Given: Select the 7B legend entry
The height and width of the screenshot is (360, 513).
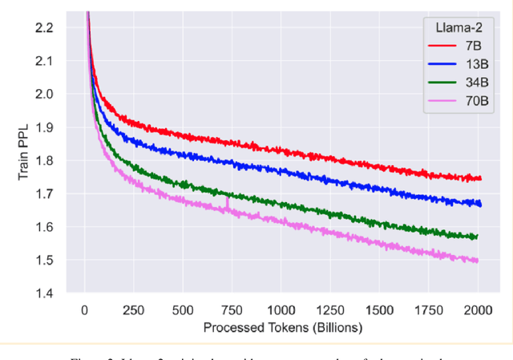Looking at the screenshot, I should (464, 47).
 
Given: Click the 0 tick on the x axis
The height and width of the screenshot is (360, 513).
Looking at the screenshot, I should (85, 310).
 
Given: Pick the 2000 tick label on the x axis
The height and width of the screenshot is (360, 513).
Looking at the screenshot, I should (478, 310).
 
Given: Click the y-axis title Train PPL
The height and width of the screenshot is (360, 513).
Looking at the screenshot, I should (25, 160).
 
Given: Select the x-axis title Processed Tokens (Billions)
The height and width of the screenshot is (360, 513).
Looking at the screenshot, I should (283, 327).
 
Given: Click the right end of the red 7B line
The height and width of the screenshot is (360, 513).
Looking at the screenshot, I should (481, 179).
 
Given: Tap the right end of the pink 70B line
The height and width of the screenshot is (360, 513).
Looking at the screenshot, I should (479, 261).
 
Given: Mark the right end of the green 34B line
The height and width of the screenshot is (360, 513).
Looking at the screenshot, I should (478, 237).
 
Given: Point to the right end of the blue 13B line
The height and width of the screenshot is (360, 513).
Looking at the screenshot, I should (481, 204).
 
